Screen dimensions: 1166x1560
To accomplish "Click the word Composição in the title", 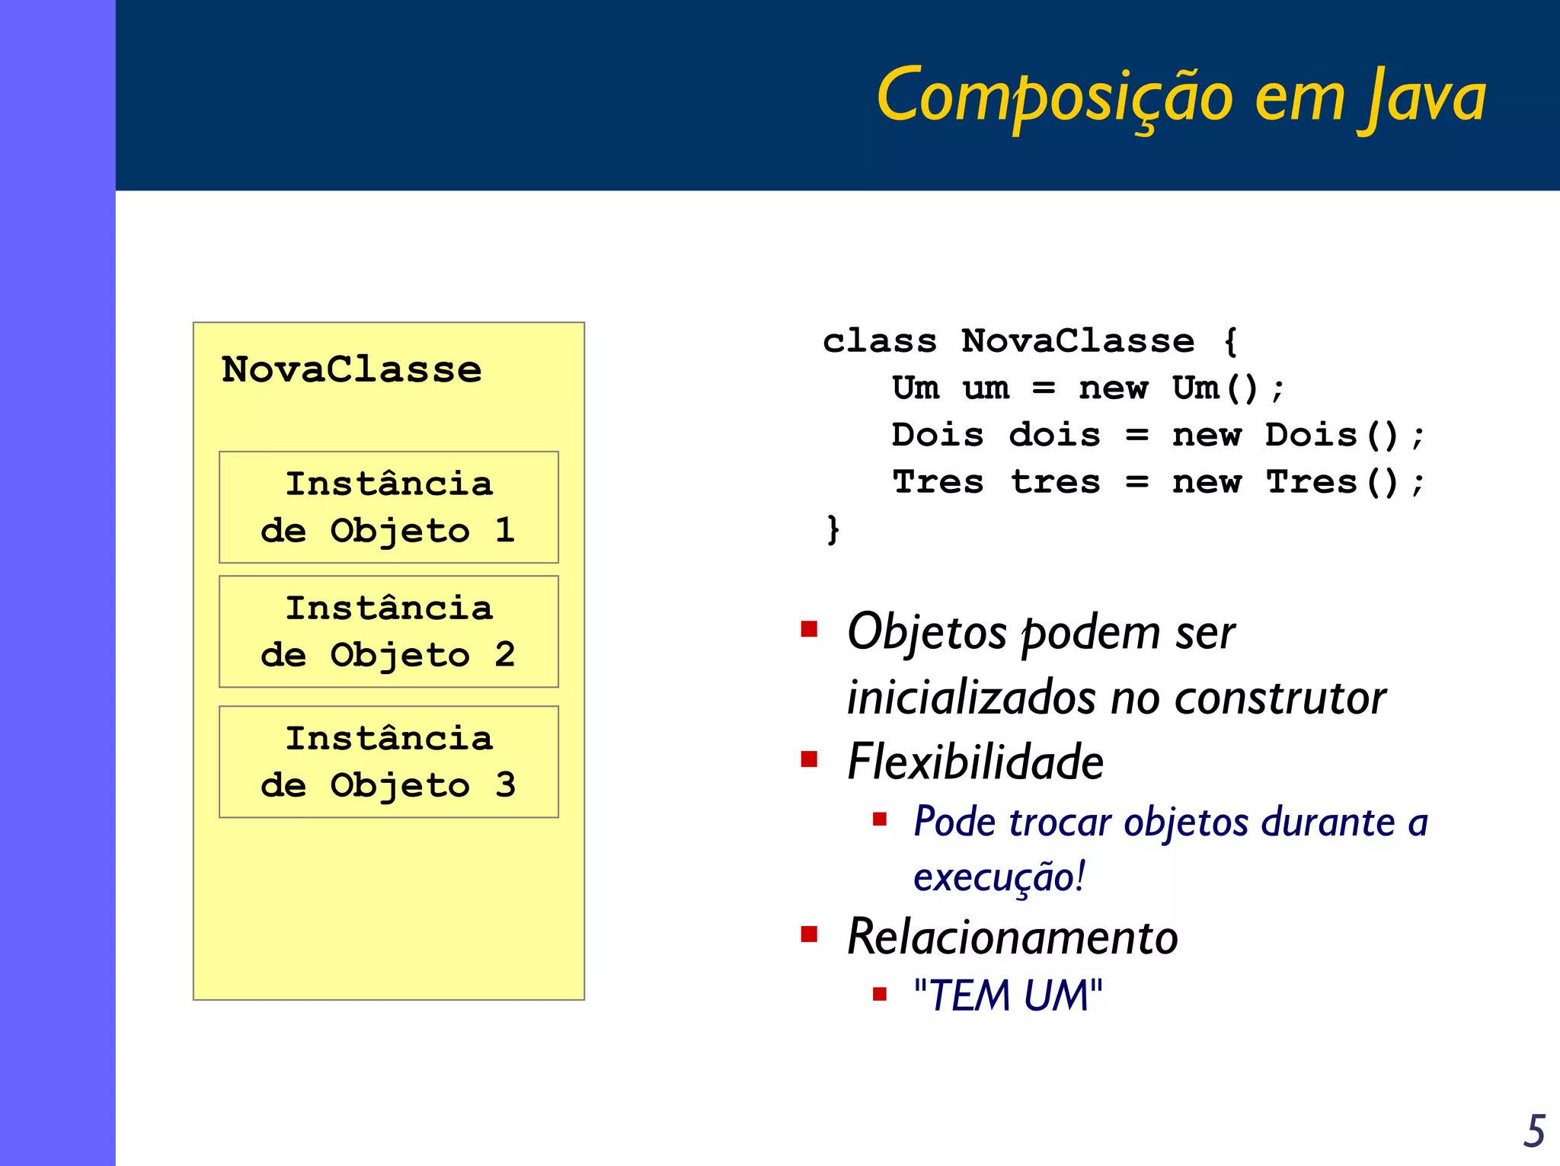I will point(1054,97).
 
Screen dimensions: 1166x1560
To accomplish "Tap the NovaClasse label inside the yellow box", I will point(351,370).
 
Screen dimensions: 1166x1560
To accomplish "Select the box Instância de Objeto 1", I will point(388,507).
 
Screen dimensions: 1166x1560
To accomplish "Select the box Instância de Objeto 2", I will point(388,631).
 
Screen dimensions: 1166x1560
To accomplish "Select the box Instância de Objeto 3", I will point(388,762).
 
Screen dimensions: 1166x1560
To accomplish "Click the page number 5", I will point(1534,1131).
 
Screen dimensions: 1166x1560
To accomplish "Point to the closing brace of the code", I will point(833,529).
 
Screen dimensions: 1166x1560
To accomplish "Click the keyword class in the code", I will point(879,341).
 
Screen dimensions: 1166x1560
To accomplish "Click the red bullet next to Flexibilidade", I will point(809,759).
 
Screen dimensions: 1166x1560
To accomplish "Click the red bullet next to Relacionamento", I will point(809,934).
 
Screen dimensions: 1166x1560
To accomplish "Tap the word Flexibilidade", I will point(975,762).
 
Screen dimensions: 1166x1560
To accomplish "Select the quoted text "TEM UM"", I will point(1007,995).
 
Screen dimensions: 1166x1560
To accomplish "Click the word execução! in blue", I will point(999,877).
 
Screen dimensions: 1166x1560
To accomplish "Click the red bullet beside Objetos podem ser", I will point(809,629).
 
